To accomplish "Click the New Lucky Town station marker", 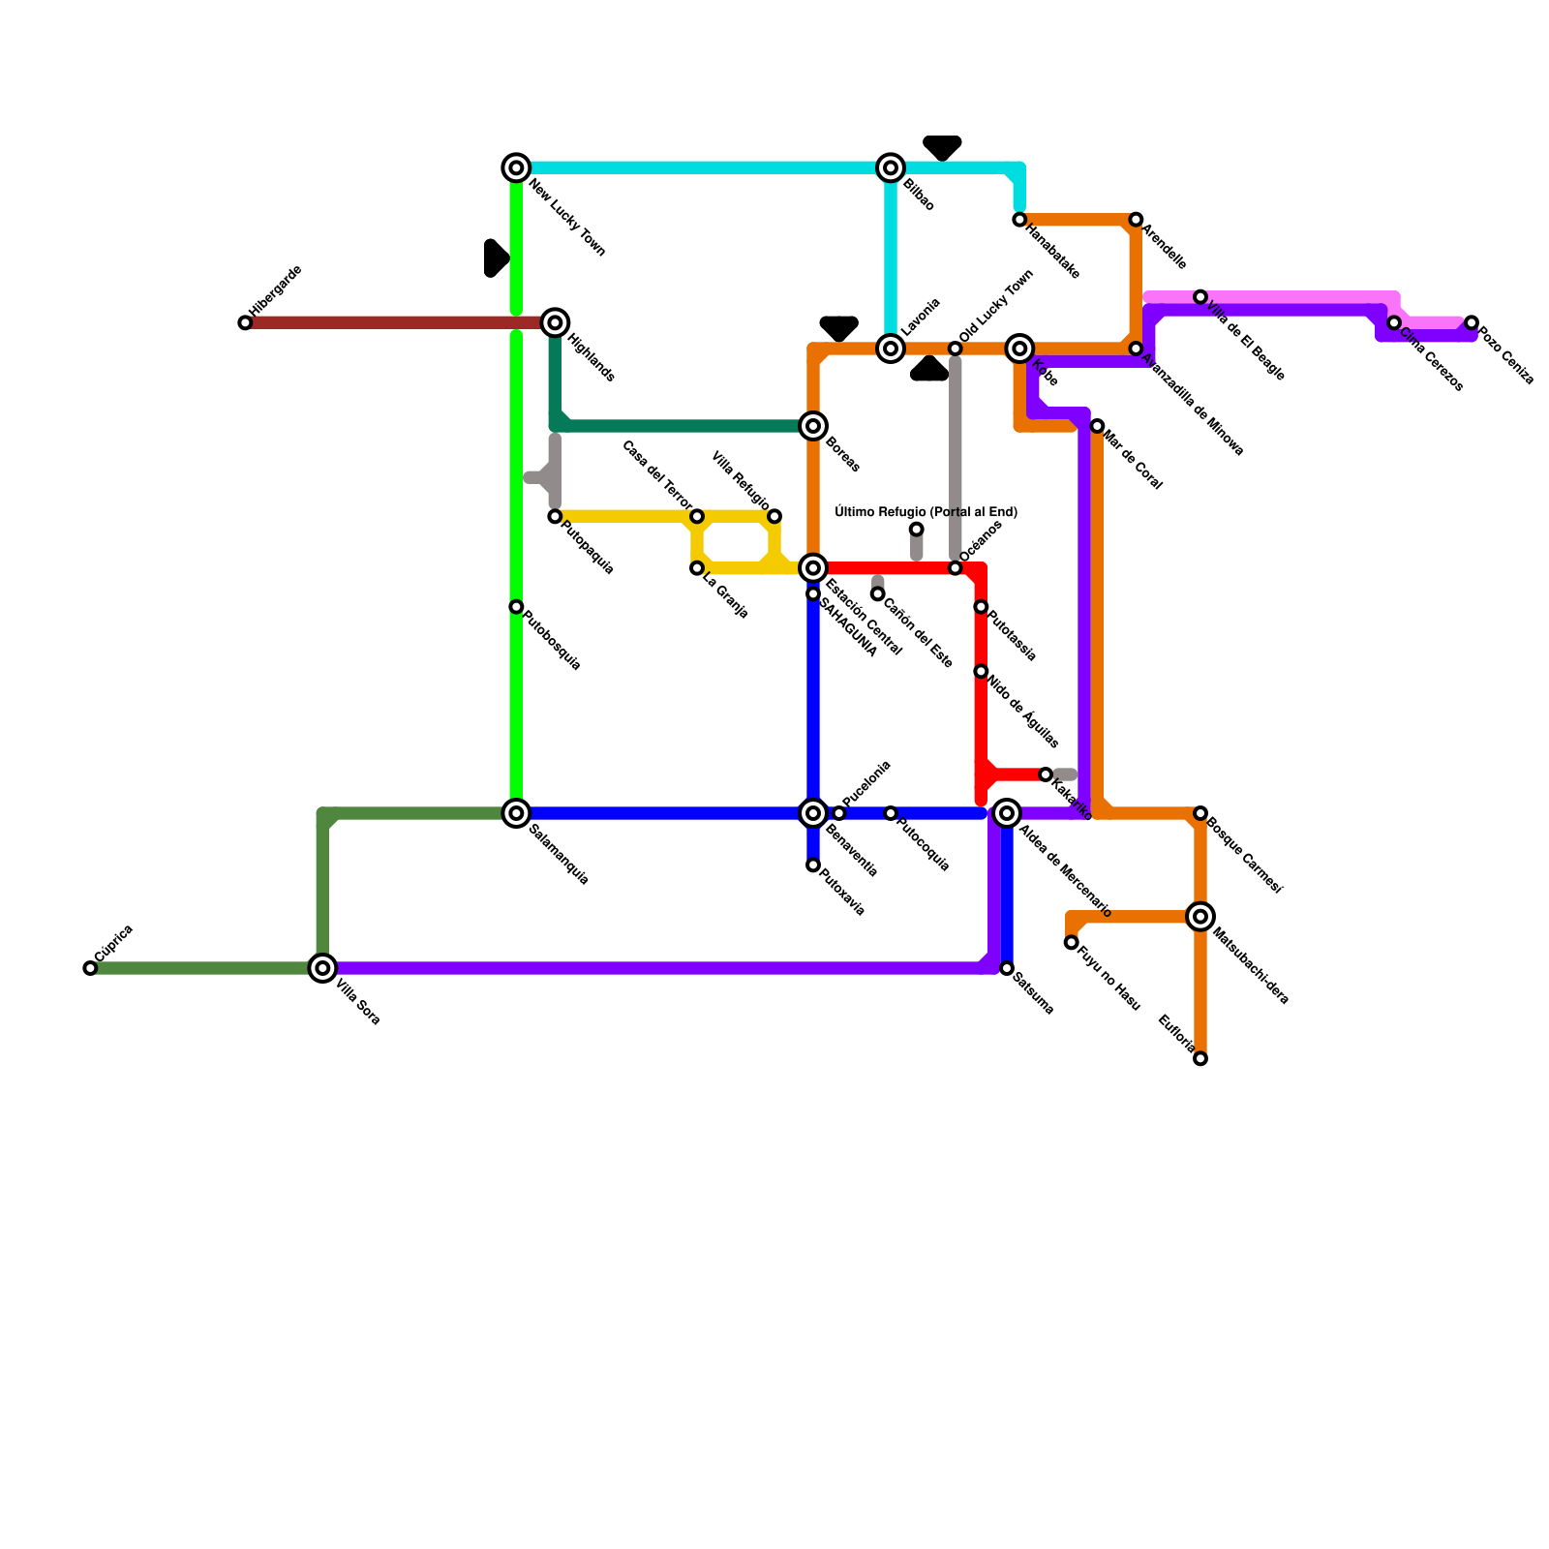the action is tap(517, 167).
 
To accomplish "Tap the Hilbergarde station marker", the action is tap(245, 322).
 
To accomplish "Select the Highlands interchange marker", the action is tap(555, 322).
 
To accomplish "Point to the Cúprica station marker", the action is tap(90, 968).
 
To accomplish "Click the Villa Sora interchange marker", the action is tap(322, 967).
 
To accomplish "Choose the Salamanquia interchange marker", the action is tap(517, 813).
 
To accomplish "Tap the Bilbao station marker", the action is tap(891, 167).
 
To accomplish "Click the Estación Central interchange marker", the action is tap(814, 568).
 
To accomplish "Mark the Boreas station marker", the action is tap(814, 426).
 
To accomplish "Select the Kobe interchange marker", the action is tap(1019, 349).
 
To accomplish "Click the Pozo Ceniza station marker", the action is tap(1472, 322).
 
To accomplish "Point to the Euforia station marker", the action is tap(1200, 1058).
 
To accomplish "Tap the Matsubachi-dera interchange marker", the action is tap(1200, 916).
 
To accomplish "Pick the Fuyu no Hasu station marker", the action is tap(1071, 942).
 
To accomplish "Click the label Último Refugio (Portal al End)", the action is tap(926, 512).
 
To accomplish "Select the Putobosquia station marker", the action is tap(516, 607).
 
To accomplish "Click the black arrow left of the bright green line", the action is tap(495, 258).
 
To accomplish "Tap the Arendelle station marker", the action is tap(1136, 220).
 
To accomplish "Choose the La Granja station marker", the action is tap(697, 568).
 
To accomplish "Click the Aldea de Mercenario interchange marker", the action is tap(1007, 813).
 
